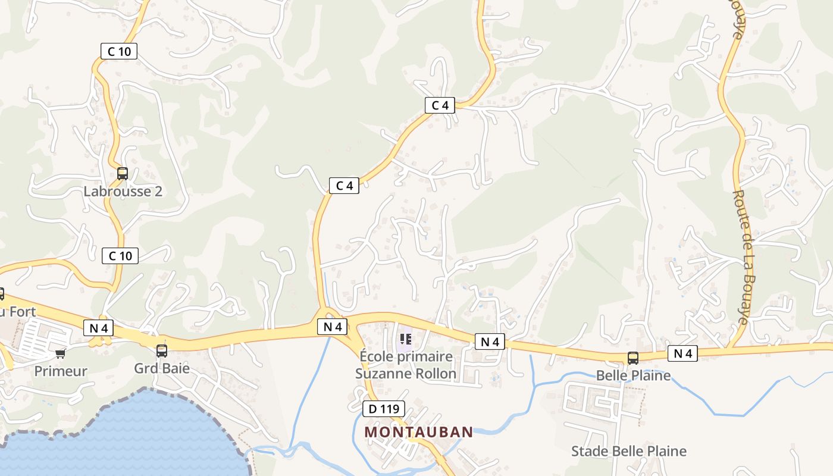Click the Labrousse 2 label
tap(123, 192)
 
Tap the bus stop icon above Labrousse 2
tap(123, 174)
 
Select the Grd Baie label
tap(162, 368)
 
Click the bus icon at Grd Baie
tap(162, 351)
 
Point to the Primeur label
tap(61, 371)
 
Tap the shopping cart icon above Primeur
tap(60, 354)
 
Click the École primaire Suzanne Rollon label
tap(406, 365)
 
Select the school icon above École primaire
tap(406, 339)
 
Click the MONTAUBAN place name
tap(419, 432)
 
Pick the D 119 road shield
tap(384, 409)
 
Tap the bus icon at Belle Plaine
tap(633, 358)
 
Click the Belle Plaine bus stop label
tap(633, 375)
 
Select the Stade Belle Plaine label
tap(628, 451)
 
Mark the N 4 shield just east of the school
tap(490, 342)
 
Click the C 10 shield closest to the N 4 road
tap(120, 256)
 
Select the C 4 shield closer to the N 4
tap(345, 185)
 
